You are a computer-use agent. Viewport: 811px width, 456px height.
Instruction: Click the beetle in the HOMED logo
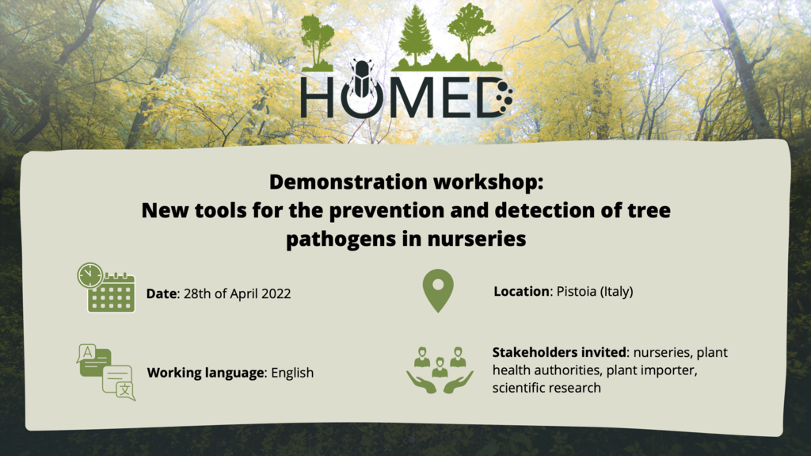362,79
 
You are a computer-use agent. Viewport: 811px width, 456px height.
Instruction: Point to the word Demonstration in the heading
349,182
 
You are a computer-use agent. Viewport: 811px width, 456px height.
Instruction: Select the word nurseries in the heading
477,239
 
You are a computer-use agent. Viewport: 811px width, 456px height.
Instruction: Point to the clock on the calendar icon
90,275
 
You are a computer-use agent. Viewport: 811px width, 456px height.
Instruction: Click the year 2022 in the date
276,293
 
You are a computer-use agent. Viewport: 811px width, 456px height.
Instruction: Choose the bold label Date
162,293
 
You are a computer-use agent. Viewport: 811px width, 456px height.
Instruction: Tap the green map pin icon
438,290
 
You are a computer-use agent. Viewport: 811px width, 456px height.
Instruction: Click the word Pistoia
577,291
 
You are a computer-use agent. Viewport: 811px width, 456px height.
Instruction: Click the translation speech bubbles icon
106,372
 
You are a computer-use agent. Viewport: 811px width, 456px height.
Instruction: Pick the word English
292,373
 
